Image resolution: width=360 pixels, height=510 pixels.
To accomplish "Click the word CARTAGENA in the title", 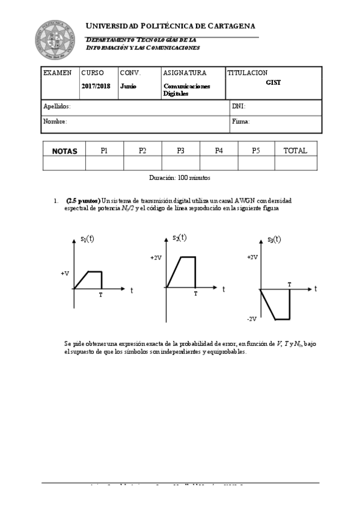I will tap(227, 26).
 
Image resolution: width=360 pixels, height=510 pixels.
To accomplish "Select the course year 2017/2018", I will tap(96, 86).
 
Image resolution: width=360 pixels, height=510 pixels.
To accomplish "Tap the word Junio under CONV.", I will tap(128, 86).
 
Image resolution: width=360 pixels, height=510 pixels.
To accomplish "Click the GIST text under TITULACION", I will tap(273, 82).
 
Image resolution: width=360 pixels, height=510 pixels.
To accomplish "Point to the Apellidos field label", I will tap(57, 106).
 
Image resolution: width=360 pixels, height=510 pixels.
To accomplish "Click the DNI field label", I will tap(238, 106).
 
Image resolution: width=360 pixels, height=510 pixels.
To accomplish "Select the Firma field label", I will tap(240, 121).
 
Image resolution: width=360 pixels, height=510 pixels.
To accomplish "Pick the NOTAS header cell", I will tap(64, 151).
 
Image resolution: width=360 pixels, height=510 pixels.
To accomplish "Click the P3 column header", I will tap(180, 151).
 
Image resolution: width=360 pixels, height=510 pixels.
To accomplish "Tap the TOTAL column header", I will tap(295, 151).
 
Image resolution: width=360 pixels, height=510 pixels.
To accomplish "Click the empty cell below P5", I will tap(257, 163).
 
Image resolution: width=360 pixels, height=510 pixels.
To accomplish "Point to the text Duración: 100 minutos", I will tap(180, 178).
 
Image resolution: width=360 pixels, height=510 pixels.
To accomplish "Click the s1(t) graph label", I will tap(87, 239).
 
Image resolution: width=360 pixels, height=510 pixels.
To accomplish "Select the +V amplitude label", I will tap(65, 274).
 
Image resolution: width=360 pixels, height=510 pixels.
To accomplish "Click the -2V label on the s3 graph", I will tap(252, 319).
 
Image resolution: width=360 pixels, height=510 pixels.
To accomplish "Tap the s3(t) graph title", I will tap(275, 239).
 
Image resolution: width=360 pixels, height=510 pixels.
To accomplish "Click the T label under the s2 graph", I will tap(195, 293).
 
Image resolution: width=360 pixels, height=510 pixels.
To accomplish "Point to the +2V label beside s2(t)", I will tap(156, 257).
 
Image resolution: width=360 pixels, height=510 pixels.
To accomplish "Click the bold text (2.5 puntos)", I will tap(83, 200).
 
